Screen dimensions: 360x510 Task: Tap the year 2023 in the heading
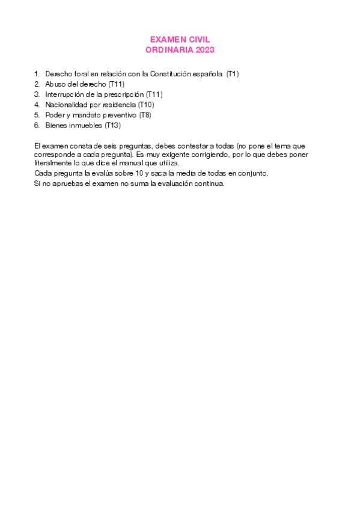[203, 50]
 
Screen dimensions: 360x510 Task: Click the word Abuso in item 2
[55, 84]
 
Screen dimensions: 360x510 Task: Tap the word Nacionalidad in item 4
[66, 105]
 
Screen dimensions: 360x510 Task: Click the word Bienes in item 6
[55, 125]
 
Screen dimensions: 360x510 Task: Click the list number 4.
[37, 105]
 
